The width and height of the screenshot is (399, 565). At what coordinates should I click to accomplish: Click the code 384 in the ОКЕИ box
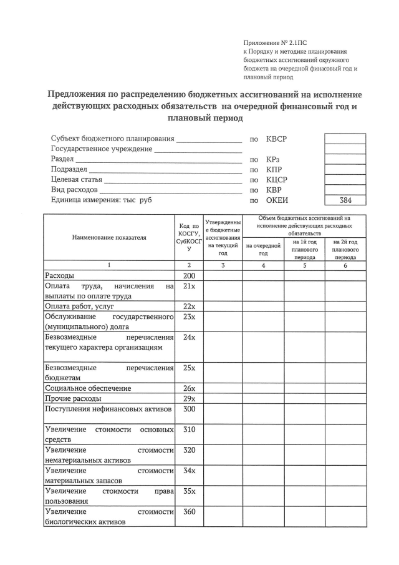[345, 200]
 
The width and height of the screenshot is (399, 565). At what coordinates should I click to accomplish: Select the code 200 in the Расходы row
[188, 275]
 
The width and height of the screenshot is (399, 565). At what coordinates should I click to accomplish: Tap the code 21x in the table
[188, 286]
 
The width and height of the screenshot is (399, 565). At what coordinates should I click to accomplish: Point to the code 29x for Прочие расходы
[188, 398]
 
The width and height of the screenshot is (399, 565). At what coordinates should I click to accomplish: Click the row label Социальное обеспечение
[88, 388]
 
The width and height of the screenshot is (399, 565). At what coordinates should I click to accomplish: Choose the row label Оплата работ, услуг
[79, 307]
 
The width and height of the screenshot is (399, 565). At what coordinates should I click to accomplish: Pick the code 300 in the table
[188, 409]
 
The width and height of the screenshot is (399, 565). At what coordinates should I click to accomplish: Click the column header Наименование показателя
[109, 238]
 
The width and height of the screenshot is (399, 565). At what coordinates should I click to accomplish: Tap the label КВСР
[277, 139]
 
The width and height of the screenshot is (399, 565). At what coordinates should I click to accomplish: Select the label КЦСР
[277, 179]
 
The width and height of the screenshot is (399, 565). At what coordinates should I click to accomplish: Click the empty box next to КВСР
[345, 139]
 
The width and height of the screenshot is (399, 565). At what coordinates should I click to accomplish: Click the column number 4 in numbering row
[263, 265]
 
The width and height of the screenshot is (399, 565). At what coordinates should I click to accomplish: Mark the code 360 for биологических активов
[188, 512]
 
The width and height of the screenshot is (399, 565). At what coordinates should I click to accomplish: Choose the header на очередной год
[263, 250]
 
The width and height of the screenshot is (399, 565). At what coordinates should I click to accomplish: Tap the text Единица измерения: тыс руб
[101, 200]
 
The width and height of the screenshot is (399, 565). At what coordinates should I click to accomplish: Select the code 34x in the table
[188, 470]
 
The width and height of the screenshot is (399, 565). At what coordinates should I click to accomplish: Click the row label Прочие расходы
[73, 398]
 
